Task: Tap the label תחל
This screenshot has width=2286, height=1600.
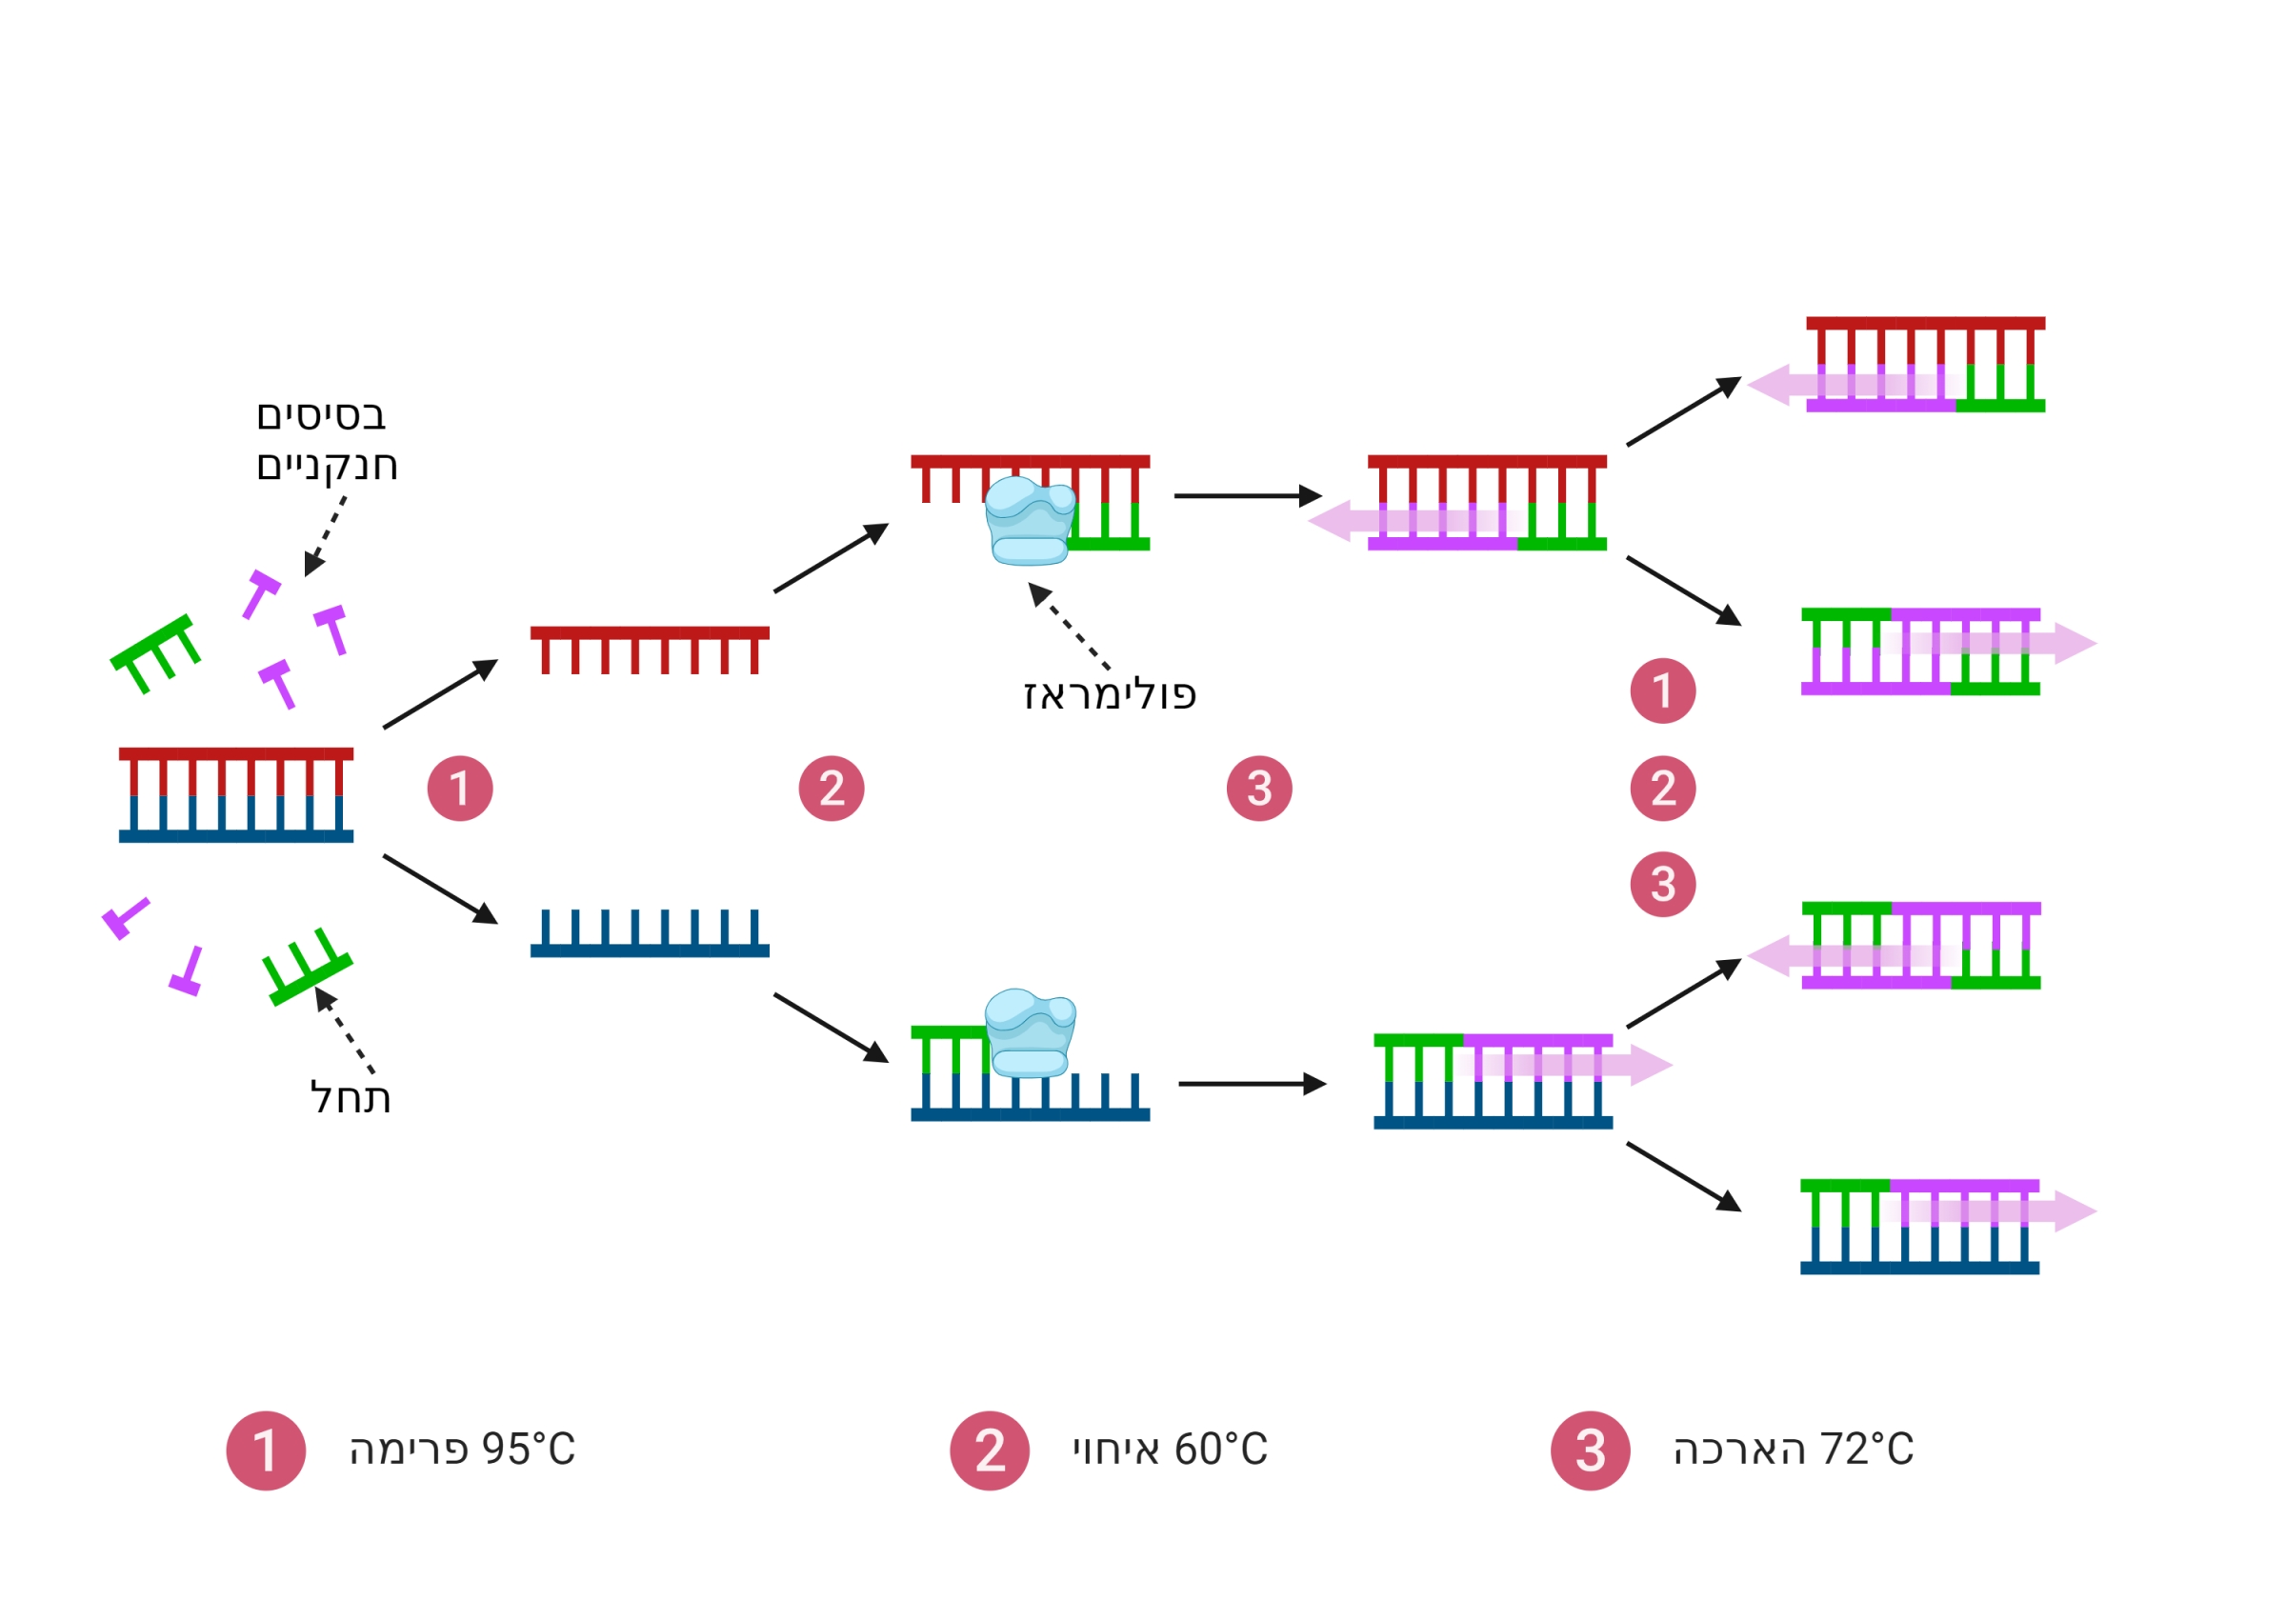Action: point(351,1098)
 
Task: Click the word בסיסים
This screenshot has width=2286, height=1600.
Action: point(321,415)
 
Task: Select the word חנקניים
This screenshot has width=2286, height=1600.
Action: point(327,466)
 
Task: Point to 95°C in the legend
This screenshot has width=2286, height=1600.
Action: point(528,1449)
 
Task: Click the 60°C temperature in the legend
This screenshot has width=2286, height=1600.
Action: point(1221,1449)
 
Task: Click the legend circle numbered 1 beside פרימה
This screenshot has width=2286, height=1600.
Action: point(266,1450)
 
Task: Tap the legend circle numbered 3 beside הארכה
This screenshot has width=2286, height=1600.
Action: point(1590,1450)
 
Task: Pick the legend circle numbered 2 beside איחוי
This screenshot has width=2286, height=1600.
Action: point(989,1450)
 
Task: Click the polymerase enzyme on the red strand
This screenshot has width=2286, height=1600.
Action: point(1030,521)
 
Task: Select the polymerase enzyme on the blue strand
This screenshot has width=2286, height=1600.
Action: point(1030,1033)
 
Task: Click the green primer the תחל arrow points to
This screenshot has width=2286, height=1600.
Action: point(307,968)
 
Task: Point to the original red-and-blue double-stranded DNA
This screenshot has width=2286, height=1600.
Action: point(236,794)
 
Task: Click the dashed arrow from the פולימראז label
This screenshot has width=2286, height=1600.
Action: point(1069,627)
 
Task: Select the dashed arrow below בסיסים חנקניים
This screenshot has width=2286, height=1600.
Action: point(326,535)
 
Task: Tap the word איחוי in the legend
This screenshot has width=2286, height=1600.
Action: point(1115,1450)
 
